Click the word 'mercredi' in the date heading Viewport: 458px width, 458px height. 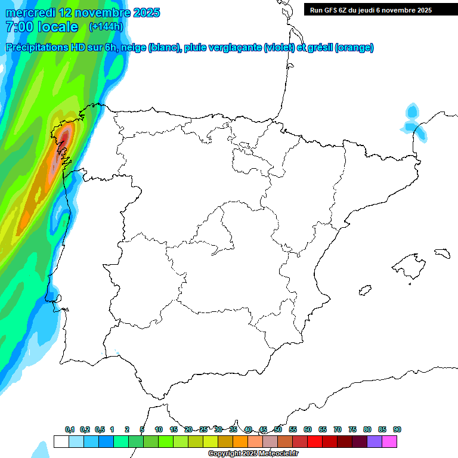32,13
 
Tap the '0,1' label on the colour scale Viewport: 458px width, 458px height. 70,429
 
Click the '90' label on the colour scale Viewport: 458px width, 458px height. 397,429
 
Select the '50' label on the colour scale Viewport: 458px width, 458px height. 278,429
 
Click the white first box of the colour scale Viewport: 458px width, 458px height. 61,441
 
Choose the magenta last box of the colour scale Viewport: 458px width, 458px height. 389,441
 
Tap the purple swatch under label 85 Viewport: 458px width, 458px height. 375,441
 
